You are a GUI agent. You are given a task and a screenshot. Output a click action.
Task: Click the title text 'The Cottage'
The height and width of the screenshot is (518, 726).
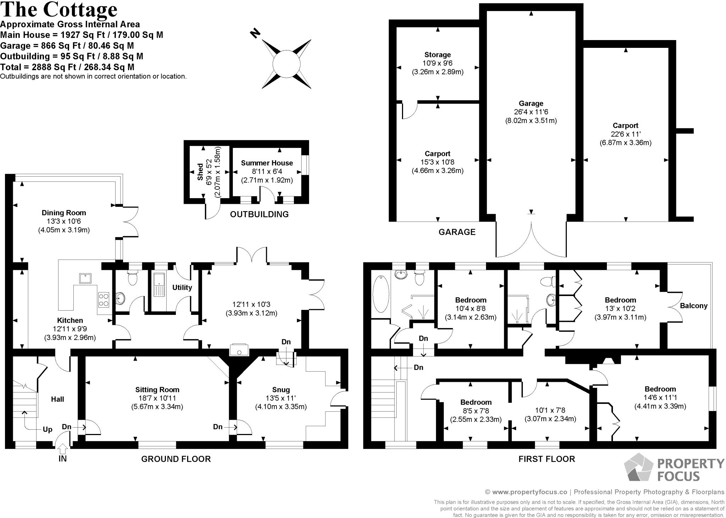point(59,10)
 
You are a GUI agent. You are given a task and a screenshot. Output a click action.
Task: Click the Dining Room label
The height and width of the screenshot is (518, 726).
point(64,213)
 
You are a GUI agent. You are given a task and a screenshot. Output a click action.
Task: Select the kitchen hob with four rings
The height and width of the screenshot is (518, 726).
point(104,299)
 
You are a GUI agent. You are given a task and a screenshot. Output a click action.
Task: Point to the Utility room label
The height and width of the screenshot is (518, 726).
point(182,287)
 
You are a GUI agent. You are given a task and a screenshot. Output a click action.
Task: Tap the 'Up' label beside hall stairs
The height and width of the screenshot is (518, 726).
point(48,429)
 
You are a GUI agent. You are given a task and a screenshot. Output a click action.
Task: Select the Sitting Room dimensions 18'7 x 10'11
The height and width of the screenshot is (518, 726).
point(157,398)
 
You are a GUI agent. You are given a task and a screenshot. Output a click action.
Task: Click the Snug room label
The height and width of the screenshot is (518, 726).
point(281,390)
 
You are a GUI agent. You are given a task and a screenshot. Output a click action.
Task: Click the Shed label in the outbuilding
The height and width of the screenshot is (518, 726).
point(200,172)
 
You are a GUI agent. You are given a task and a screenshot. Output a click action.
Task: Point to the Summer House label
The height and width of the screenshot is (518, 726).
point(267,163)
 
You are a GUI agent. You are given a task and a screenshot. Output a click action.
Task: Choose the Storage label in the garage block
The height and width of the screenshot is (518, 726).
point(437,55)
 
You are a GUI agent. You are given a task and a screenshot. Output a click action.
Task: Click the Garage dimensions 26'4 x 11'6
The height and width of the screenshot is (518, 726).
point(531,112)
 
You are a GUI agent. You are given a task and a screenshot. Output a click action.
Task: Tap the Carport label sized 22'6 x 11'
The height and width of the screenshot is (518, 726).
point(625,126)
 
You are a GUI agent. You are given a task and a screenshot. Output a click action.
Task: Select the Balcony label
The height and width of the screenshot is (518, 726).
point(693,306)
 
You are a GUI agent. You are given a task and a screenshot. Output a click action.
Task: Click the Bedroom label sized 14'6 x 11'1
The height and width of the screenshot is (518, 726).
point(660,389)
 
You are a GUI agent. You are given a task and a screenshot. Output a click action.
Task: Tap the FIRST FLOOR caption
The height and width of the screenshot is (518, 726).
point(547,459)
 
